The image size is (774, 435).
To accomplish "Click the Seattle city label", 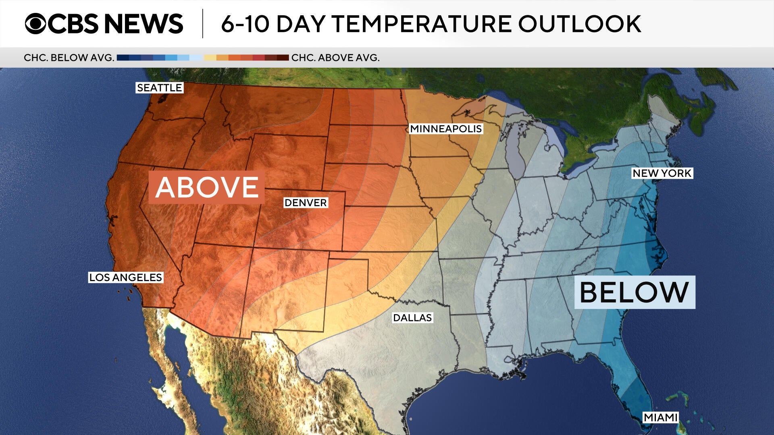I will pyautogui.click(x=159, y=88).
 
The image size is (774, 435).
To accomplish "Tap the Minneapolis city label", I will pyautogui.click(x=446, y=129).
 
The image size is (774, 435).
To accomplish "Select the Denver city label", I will pyautogui.click(x=306, y=203).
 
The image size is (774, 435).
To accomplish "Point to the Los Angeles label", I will pyautogui.click(x=125, y=278).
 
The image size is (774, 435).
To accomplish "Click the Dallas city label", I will pyautogui.click(x=412, y=318).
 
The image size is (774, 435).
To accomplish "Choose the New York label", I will pyautogui.click(x=662, y=173).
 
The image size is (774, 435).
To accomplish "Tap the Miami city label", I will pyautogui.click(x=660, y=417).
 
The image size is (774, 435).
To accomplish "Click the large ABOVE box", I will pyautogui.click(x=207, y=187).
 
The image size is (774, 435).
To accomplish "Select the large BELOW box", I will pyautogui.click(x=635, y=292).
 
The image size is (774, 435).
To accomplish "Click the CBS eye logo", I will pyautogui.click(x=35, y=23).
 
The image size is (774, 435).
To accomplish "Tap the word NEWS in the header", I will pyautogui.click(x=144, y=23).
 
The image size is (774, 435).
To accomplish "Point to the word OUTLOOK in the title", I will pyautogui.click(x=580, y=24).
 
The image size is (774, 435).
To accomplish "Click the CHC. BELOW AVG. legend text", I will pyautogui.click(x=69, y=58).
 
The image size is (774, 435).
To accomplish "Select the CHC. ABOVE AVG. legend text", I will pyautogui.click(x=335, y=58).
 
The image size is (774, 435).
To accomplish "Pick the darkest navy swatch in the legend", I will pyautogui.click(x=123, y=58).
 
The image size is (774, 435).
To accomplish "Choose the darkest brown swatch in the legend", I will pyautogui.click(x=283, y=58).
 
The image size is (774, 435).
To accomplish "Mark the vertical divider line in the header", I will pyautogui.click(x=202, y=23).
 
